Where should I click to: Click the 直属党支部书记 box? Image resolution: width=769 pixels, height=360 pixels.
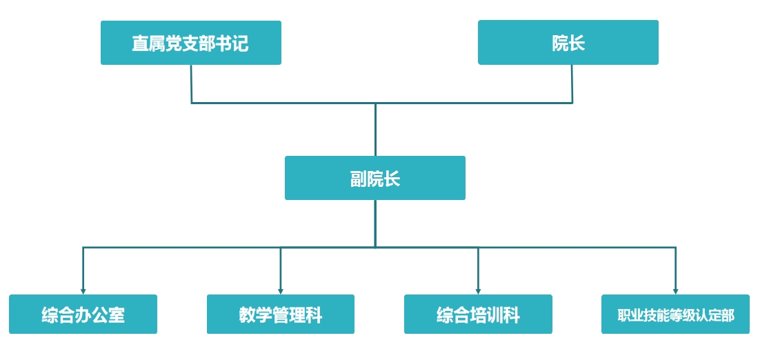(191, 43)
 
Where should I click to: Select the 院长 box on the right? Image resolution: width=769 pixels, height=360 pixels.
(568, 42)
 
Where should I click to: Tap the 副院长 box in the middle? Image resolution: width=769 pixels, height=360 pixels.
(375, 178)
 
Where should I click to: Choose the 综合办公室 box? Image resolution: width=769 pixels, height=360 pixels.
(83, 314)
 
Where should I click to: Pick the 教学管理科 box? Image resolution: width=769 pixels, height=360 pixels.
(281, 314)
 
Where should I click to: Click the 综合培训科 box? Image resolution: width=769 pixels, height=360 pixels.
(478, 314)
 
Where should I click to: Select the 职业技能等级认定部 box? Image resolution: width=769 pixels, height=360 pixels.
(675, 314)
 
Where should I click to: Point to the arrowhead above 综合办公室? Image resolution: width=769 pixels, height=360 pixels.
(83, 291)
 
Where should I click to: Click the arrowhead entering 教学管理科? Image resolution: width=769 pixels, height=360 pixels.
(281, 291)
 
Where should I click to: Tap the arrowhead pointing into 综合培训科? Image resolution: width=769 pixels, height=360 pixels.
(478, 291)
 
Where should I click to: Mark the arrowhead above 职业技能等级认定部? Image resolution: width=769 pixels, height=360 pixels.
(675, 291)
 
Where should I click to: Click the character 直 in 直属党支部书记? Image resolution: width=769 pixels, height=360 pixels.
(140, 43)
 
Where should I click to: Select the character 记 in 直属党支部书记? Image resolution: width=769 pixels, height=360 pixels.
(240, 43)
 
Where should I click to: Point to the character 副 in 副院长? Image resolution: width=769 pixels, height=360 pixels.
(359, 179)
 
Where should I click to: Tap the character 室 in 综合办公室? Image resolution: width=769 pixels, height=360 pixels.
(117, 315)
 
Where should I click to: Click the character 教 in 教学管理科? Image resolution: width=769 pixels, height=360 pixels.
(247, 315)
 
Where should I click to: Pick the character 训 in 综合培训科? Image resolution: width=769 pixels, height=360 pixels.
(495, 315)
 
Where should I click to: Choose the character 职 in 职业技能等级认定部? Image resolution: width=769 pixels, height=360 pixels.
(624, 315)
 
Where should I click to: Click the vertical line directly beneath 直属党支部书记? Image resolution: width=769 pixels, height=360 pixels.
(191, 84)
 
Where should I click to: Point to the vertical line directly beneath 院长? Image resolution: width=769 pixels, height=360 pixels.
(571, 84)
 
